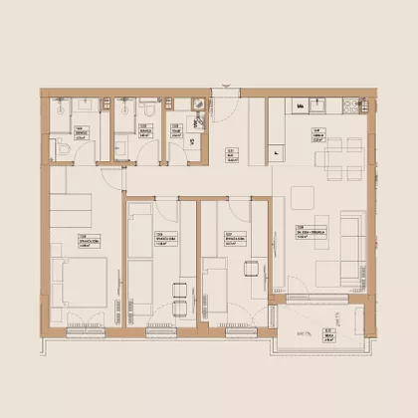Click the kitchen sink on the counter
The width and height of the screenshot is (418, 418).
click(x=320, y=105)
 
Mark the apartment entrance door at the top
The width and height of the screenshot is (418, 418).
click(x=224, y=100)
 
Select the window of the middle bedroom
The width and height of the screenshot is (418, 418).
click(x=159, y=327)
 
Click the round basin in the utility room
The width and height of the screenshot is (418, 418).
click(x=197, y=121)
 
